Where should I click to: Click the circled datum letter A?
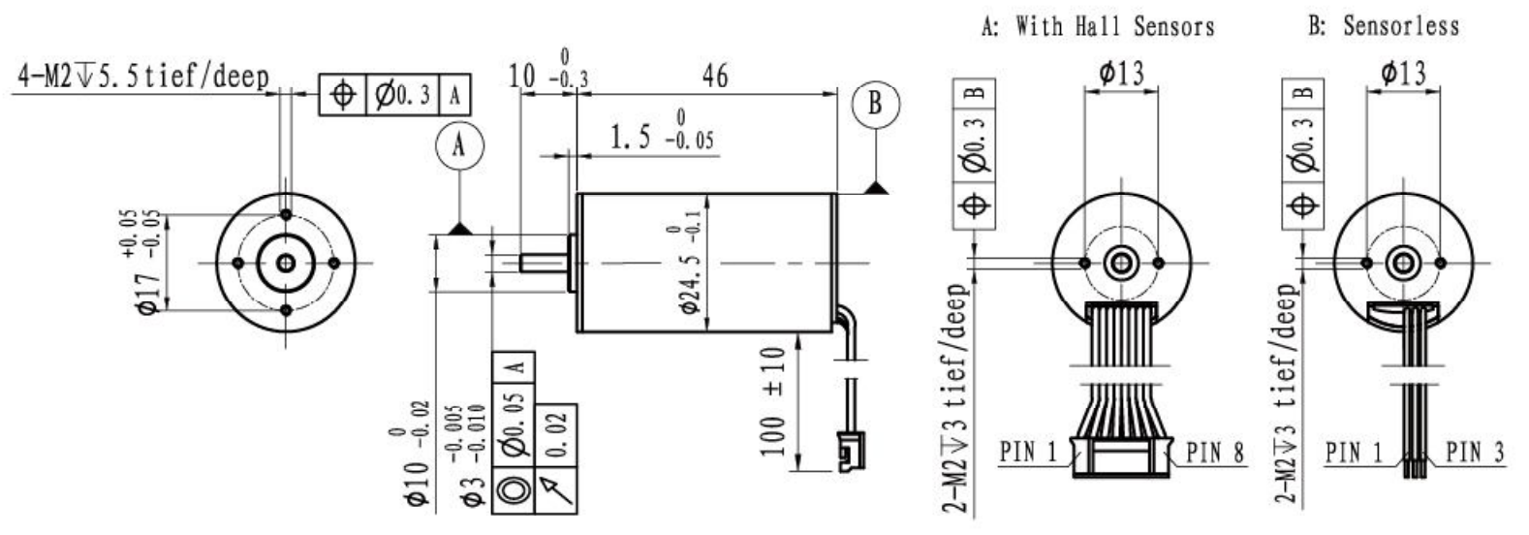click(x=460, y=146)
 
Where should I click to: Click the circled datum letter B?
click(x=876, y=105)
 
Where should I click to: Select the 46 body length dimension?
click(x=715, y=76)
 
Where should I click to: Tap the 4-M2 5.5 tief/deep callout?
click(x=143, y=77)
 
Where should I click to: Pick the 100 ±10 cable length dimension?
click(x=772, y=401)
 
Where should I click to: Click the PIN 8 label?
click(x=1215, y=452)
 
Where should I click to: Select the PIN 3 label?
click(x=1476, y=452)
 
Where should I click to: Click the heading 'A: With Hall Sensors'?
click(x=1098, y=26)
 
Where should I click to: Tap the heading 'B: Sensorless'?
click(x=1385, y=26)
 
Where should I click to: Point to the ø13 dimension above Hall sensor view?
click(x=1121, y=73)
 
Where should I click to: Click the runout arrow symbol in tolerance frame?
click(x=556, y=488)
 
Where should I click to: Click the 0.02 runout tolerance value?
click(x=556, y=434)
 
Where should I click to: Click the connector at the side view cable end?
click(x=851, y=451)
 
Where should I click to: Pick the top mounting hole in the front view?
click(x=286, y=214)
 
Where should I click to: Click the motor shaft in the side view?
click(x=544, y=263)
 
